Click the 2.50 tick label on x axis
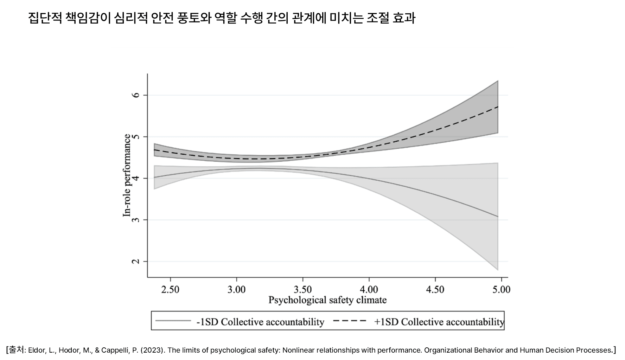pyautogui.click(x=170, y=290)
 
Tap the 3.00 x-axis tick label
pyautogui.click(x=236, y=290)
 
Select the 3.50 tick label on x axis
pyautogui.click(x=303, y=290)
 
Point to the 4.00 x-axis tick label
pyautogui.click(x=369, y=290)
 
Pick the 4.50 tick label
pyautogui.click(x=435, y=290)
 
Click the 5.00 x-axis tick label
pyautogui.click(x=501, y=290)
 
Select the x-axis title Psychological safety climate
pyautogui.click(x=327, y=300)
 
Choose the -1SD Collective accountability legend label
pyautogui.click(x=260, y=322)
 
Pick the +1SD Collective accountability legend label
pyautogui.click(x=439, y=322)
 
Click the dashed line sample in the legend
pyautogui.click(x=350, y=321)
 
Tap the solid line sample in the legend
pyautogui.click(x=173, y=321)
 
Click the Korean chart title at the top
pyautogui.click(x=222, y=18)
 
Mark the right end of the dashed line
pyautogui.click(x=498, y=107)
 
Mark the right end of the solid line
pyautogui.click(x=498, y=217)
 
